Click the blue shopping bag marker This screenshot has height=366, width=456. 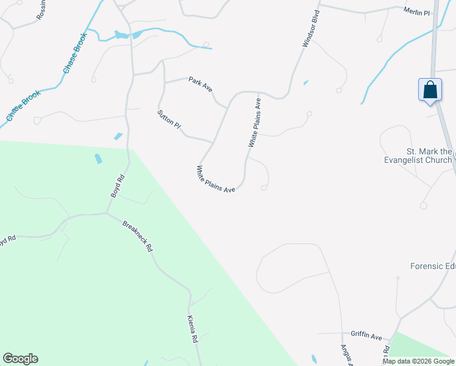coord(430,90)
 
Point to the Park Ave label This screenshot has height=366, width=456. coord(200,84)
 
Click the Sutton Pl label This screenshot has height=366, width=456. coord(169,119)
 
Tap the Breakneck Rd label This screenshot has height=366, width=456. coord(137,236)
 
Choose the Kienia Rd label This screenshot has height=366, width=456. coord(193,329)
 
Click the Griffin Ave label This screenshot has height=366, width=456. coord(366,335)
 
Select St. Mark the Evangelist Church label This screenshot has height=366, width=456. coord(429,156)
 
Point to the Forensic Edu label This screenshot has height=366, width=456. coord(433,266)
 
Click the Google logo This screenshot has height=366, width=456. coord(20,359)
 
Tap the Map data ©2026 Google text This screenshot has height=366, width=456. coord(418,361)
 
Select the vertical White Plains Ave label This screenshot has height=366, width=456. coord(254,124)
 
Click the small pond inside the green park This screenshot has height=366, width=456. coord(98,159)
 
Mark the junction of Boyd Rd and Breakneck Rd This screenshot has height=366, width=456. coord(107,213)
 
